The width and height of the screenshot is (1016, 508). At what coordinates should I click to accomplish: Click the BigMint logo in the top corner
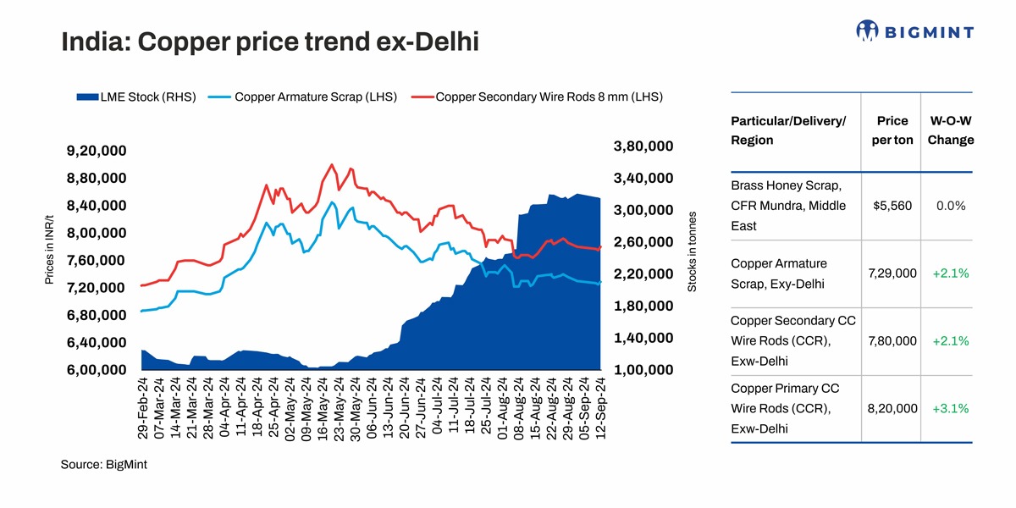914,31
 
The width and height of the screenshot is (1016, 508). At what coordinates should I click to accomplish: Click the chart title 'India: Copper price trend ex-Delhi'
269,41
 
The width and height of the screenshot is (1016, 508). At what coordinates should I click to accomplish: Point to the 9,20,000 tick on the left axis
96,152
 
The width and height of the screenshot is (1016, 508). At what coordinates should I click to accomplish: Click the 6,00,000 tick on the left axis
96,370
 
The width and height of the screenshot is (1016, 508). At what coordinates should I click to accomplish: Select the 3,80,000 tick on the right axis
643,146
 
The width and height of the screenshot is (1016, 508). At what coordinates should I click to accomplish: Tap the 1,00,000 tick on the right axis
643,370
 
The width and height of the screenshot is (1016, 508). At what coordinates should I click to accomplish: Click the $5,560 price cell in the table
892,206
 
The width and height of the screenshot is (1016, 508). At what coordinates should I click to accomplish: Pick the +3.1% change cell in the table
950,409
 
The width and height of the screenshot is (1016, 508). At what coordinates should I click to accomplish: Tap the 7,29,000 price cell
892,273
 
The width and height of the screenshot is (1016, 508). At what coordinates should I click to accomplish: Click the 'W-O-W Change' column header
950,130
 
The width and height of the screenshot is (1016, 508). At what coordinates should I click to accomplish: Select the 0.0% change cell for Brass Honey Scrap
950,206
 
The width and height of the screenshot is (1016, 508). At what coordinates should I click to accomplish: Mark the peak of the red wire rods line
331,165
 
